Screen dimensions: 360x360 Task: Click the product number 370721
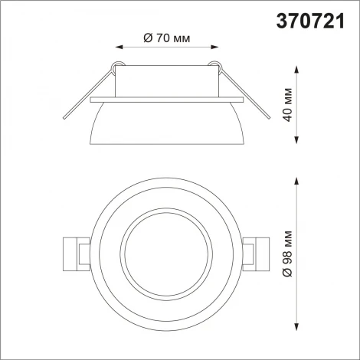click(x=315, y=16)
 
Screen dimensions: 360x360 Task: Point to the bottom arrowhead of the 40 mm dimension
click(x=296, y=142)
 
